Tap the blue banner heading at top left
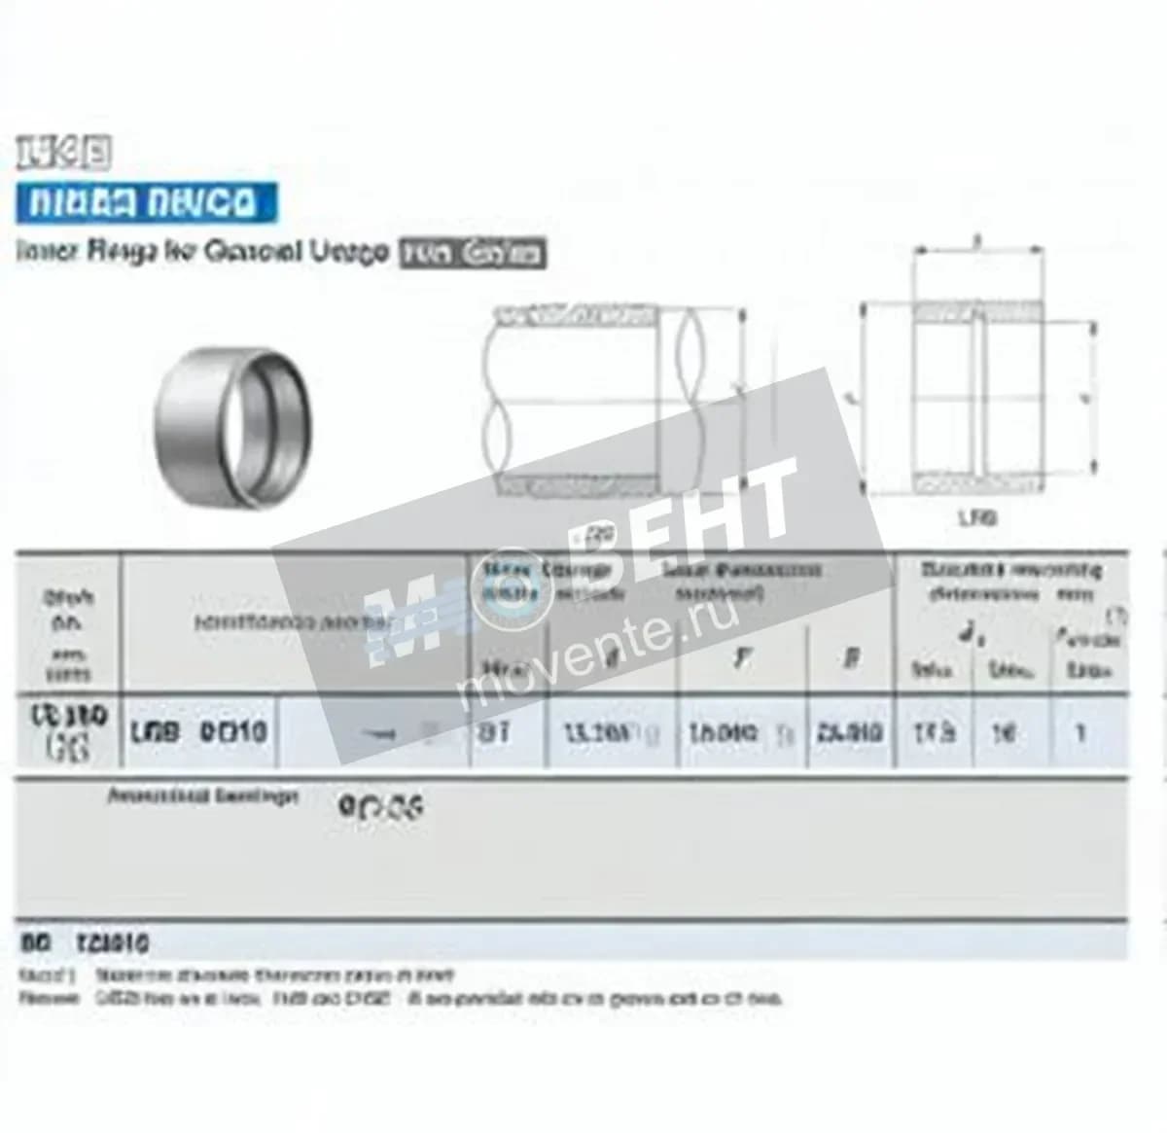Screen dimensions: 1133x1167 (x=146, y=203)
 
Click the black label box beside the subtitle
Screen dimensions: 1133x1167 (x=473, y=254)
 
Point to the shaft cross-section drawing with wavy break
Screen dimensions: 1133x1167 (x=603, y=400)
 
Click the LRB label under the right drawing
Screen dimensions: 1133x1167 (x=976, y=518)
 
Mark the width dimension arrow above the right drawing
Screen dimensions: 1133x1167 (x=977, y=250)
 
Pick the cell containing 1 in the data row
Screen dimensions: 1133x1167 (x=1079, y=732)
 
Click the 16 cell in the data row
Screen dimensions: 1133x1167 (x=1003, y=732)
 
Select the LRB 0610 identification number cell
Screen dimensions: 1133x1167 (x=199, y=732)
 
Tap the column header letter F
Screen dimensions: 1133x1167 (x=742, y=658)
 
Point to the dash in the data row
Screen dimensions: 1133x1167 (x=384, y=735)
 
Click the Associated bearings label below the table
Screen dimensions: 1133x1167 (x=202, y=797)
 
